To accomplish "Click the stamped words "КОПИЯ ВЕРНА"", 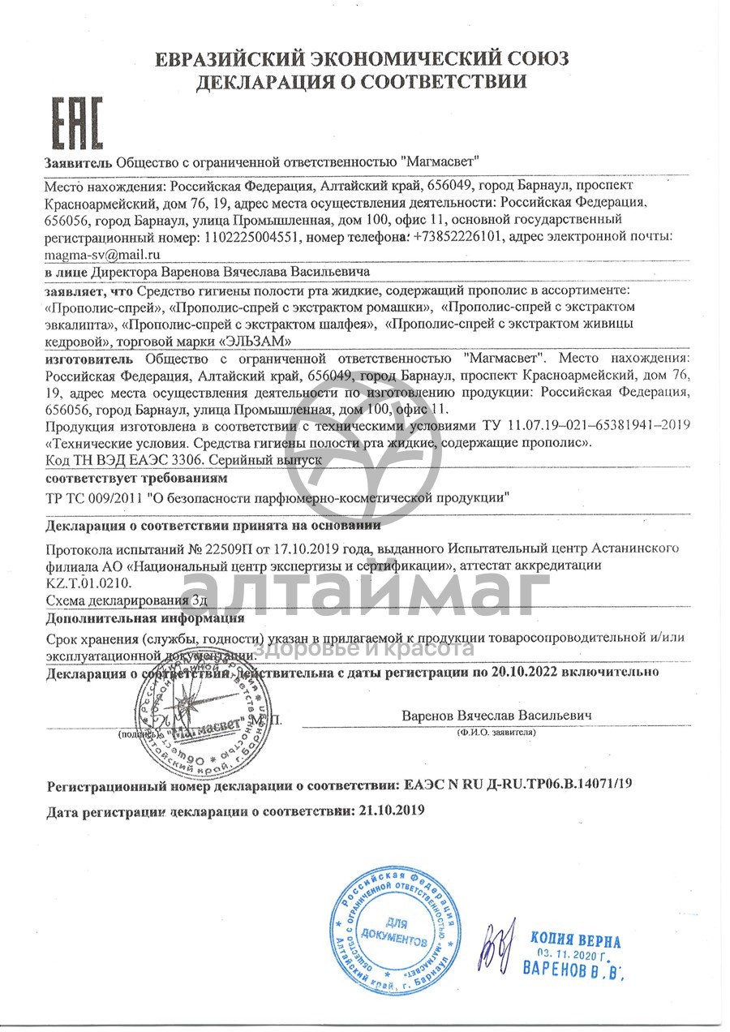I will (576, 940).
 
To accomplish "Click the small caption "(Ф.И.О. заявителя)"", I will (495, 732).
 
